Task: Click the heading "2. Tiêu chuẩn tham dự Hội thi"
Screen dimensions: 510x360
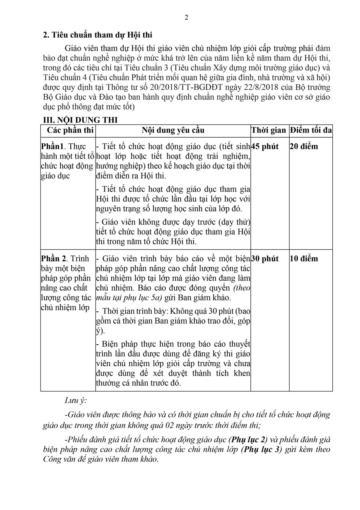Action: click(x=98, y=35)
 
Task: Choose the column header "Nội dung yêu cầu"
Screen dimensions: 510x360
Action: click(x=173, y=130)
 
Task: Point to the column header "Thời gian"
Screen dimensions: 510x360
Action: click(x=269, y=130)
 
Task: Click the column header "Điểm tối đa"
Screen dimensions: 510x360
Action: click(x=311, y=130)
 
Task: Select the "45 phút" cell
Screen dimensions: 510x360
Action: click(x=265, y=146)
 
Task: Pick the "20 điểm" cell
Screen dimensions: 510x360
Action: click(x=304, y=146)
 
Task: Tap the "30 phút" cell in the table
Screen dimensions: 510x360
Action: click(x=265, y=259)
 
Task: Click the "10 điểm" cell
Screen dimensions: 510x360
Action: click(x=304, y=259)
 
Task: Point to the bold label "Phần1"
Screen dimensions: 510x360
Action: click(x=52, y=146)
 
